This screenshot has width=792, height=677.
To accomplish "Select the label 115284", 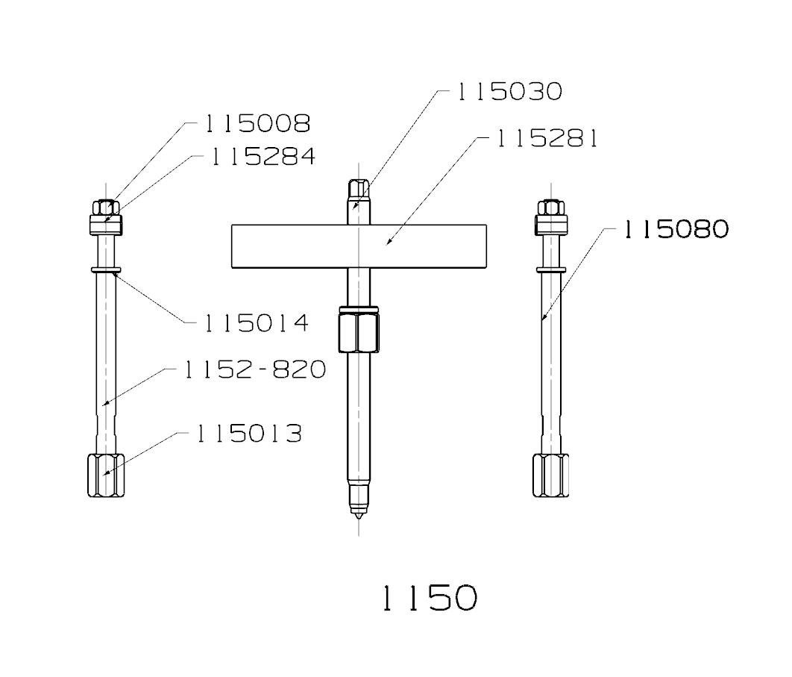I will pyautogui.click(x=262, y=157).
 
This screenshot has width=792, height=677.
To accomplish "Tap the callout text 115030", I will pyautogui.click(x=509, y=92).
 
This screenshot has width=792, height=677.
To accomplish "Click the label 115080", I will pyautogui.click(x=676, y=229).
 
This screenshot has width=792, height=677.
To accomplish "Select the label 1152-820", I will pyautogui.click(x=255, y=369).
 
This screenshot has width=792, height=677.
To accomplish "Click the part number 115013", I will pyautogui.click(x=249, y=434).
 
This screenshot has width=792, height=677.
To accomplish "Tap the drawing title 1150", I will pyautogui.click(x=429, y=598).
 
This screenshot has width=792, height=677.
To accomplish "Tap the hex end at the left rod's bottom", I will pyautogui.click(x=105, y=475).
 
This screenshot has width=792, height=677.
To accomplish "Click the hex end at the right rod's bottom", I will pyautogui.click(x=550, y=475).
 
